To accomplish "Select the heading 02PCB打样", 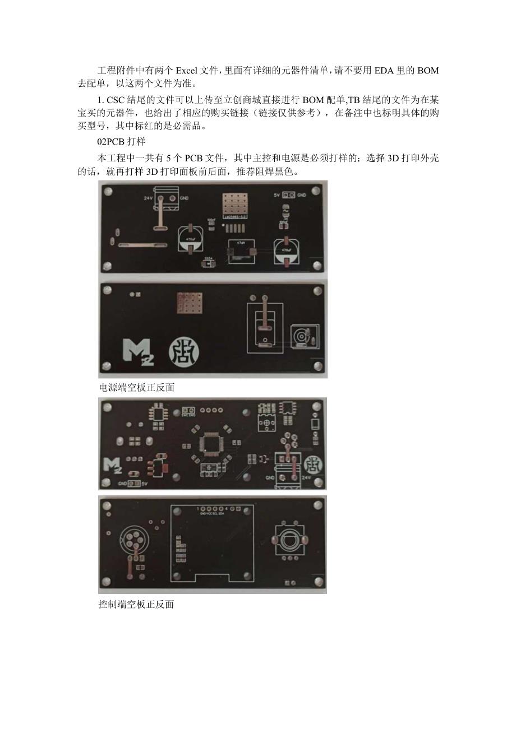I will [x=122, y=142].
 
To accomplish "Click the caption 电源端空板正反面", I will [x=136, y=387].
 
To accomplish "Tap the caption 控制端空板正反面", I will [x=136, y=605].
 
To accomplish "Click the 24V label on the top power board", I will [x=148, y=198].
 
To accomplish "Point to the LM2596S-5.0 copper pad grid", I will [x=235, y=205].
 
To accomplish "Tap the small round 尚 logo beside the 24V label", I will [x=312, y=463].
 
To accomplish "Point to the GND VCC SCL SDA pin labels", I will [x=213, y=513].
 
